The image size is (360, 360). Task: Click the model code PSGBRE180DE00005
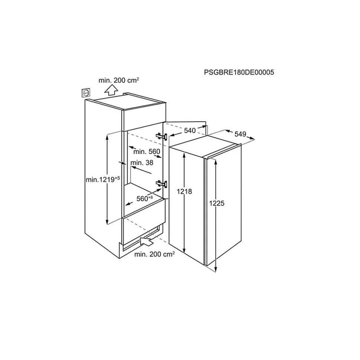239,73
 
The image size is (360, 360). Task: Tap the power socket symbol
86,93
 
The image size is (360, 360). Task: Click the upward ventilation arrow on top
111,89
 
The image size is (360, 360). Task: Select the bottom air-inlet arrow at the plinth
147,242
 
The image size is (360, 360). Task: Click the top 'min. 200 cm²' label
119,80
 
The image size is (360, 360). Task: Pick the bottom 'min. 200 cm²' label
154,254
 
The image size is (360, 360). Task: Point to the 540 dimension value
190,131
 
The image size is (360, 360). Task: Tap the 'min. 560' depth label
147,151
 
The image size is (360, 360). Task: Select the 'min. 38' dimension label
142,162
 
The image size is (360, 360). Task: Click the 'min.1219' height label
100,179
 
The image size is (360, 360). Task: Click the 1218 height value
185,191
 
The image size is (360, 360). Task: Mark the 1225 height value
217,203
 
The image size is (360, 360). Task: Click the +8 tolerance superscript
151,197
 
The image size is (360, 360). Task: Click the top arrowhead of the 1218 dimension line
184,154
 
